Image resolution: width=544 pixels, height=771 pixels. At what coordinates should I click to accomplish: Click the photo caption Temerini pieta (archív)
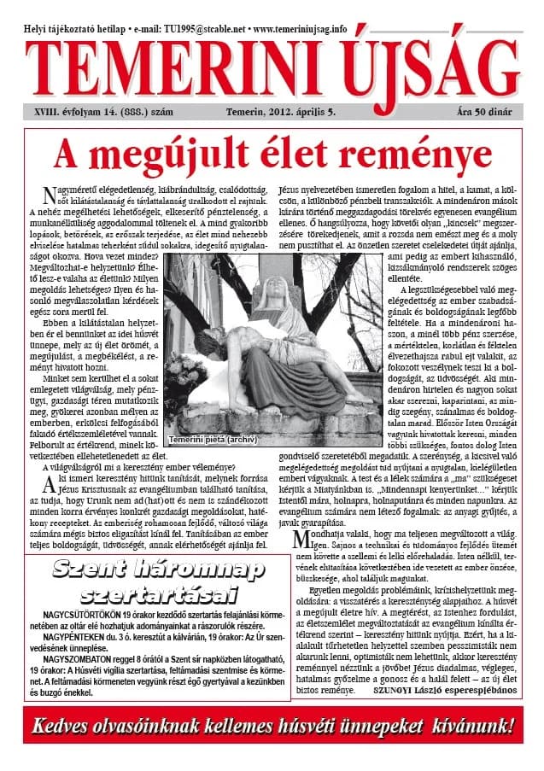point(212,440)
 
